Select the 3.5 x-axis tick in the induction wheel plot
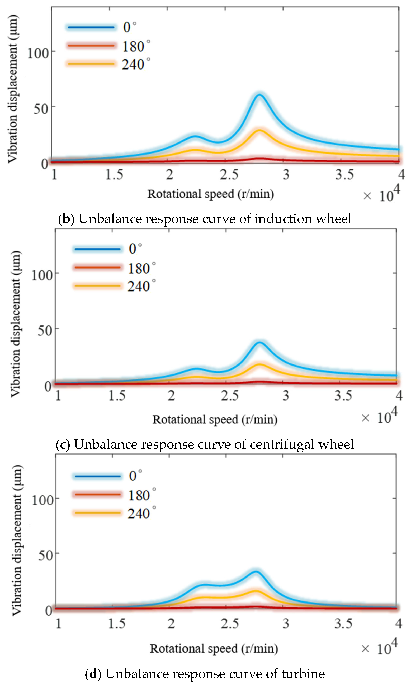click(x=344, y=174)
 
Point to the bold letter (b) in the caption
click(x=67, y=219)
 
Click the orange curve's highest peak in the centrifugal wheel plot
click(x=259, y=364)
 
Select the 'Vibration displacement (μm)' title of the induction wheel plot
click(x=13, y=88)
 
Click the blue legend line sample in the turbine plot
click(x=97, y=476)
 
